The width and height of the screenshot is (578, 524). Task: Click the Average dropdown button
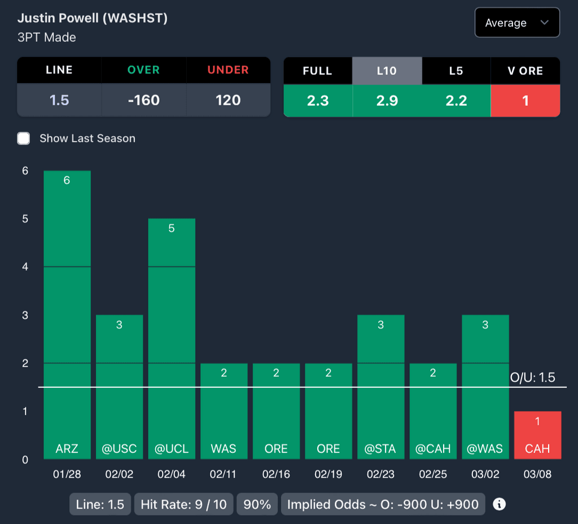point(517,23)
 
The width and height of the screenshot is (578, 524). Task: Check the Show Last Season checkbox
point(24,138)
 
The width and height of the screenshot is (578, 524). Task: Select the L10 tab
point(387,71)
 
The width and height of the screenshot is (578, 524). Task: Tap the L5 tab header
point(456,71)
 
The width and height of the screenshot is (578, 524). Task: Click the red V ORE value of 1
point(525,101)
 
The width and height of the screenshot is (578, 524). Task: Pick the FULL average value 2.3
point(318,101)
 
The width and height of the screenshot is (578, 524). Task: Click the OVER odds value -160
point(143,101)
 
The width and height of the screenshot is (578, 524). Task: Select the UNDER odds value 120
point(228,101)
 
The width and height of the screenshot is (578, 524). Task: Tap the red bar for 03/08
point(537,435)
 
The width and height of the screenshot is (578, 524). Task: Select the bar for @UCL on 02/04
point(172,339)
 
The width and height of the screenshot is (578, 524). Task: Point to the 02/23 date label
point(380,474)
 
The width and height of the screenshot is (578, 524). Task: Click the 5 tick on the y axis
point(25,219)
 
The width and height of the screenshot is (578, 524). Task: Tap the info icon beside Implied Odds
point(499,504)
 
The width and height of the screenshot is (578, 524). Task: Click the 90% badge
point(257,504)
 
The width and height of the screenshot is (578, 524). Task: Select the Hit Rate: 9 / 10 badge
point(183,504)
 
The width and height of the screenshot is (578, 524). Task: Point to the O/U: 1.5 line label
point(532,378)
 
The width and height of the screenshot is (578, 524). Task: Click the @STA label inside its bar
point(380,449)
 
